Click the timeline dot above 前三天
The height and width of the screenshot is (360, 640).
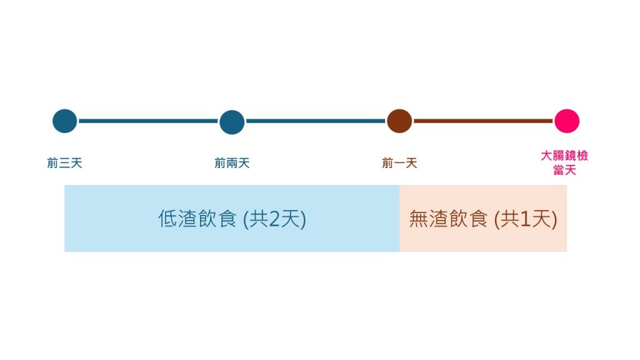[x=64, y=121]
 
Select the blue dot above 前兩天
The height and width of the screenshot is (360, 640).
[x=232, y=122]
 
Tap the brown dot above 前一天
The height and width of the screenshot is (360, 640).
[x=399, y=121]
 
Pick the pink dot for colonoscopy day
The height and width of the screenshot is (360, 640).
[x=566, y=121]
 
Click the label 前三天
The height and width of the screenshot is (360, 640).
[x=64, y=163]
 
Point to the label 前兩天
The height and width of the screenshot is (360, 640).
[x=232, y=163]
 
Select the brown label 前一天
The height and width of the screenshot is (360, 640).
[x=399, y=163]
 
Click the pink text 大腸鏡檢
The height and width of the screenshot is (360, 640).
[x=564, y=156]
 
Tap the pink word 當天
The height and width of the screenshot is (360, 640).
[x=564, y=170]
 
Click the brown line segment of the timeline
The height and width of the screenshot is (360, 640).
[x=483, y=121]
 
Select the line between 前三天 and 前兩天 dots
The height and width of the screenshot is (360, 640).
[x=148, y=121]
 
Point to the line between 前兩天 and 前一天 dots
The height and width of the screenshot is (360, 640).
[x=316, y=121]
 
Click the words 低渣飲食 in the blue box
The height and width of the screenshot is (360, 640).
[x=197, y=219]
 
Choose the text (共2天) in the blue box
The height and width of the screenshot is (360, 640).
[x=274, y=219]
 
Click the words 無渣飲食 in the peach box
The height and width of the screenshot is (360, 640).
[x=448, y=219]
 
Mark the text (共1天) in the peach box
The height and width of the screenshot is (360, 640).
[x=525, y=219]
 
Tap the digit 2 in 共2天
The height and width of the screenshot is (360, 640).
[x=274, y=219]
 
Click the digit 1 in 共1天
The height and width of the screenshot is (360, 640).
[x=525, y=219]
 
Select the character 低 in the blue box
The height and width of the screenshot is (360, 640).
[x=167, y=219]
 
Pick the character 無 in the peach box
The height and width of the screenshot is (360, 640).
[x=418, y=219]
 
